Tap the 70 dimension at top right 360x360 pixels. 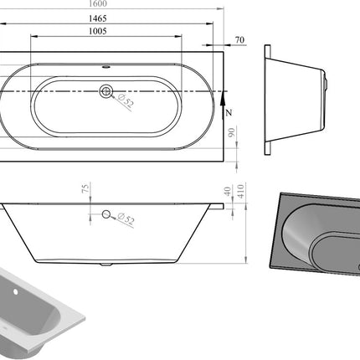point(240,40)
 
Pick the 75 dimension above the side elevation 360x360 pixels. point(85,190)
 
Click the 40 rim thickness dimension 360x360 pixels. point(227,191)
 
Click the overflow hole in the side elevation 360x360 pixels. point(105,215)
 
